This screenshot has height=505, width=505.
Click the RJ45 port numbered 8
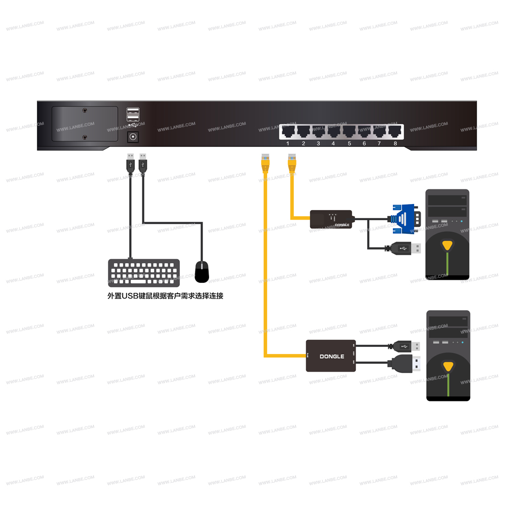click(x=394, y=132)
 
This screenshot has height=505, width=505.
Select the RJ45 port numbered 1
click(x=288, y=132)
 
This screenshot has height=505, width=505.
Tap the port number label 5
click(x=349, y=144)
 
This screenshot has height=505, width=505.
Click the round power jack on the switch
click(x=134, y=136)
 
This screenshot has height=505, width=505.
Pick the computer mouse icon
click(x=202, y=271)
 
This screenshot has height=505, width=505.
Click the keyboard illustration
click(x=143, y=273)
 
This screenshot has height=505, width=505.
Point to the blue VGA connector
click(x=404, y=219)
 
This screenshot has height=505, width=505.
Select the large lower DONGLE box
click(x=331, y=356)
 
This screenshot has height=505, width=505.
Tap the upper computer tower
click(x=447, y=234)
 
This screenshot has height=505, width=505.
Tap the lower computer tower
click(x=448, y=356)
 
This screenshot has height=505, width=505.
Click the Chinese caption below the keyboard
click(x=165, y=296)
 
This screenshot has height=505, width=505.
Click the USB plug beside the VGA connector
click(x=406, y=248)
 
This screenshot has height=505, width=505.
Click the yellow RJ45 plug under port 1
click(x=291, y=162)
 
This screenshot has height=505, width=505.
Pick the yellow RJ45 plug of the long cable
click(x=264, y=162)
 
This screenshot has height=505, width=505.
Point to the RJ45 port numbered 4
click(x=333, y=132)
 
